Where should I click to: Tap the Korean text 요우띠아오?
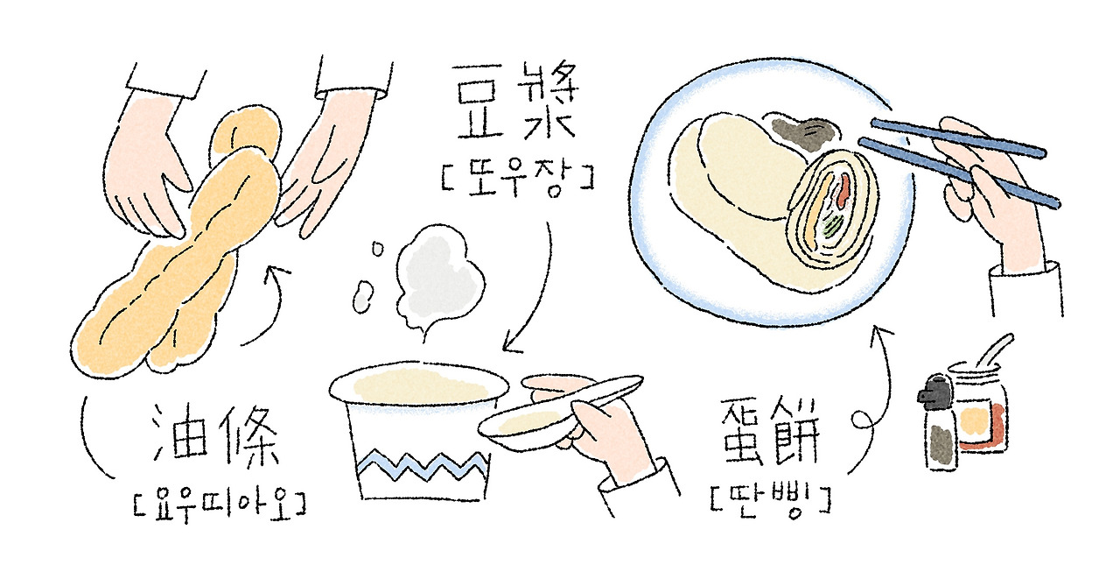pyautogui.click(x=220, y=506)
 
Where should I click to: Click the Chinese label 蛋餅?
pyautogui.click(x=770, y=432)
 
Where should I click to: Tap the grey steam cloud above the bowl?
pyautogui.click(x=440, y=278)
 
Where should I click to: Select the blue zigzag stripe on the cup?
pyautogui.click(x=423, y=466)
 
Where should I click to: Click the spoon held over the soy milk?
pyautogui.click(x=560, y=410)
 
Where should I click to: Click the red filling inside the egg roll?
pyautogui.click(x=843, y=190)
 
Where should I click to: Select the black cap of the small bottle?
pyautogui.click(x=934, y=392)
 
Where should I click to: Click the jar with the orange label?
pyautogui.click(x=978, y=409)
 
